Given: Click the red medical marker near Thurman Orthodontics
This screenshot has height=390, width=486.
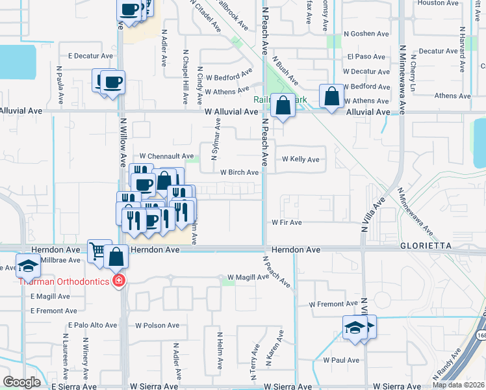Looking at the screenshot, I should (118, 281).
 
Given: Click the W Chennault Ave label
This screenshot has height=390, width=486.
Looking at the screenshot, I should (167, 157).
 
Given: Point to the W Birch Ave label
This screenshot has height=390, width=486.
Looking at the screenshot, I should (240, 172).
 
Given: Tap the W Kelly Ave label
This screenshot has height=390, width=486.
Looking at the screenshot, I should (300, 159).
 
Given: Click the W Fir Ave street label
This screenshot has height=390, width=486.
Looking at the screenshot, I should (287, 222).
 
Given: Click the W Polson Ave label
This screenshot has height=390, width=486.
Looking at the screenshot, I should (157, 324).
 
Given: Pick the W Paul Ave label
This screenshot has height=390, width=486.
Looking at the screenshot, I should (340, 360).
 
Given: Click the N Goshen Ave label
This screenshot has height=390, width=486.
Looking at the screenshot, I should (366, 34).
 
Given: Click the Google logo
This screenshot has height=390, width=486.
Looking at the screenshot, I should (22, 382).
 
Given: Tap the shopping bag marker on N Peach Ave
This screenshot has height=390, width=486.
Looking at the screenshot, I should (283, 106).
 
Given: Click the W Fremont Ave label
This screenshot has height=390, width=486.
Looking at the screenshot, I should (333, 304).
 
